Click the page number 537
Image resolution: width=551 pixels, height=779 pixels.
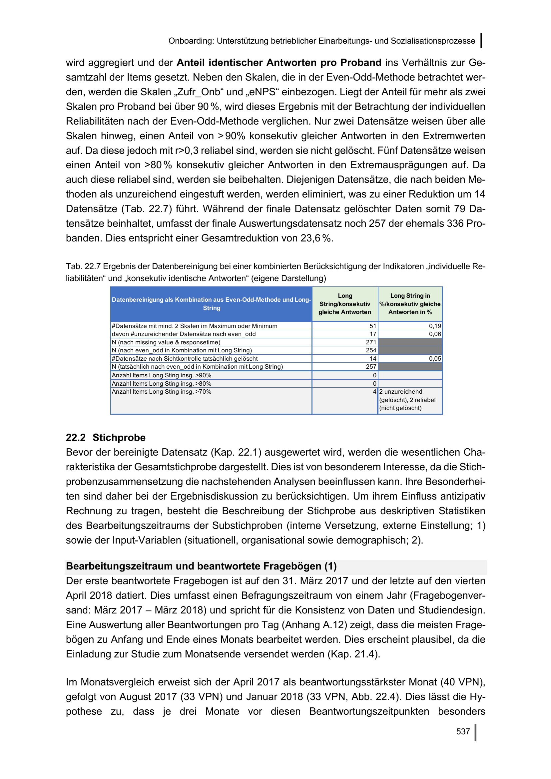coord(463,731)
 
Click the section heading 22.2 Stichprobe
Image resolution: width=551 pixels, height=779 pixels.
coord(106,438)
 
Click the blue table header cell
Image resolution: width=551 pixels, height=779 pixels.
coord(211,304)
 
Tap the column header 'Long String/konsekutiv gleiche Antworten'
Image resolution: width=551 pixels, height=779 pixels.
coord(345,304)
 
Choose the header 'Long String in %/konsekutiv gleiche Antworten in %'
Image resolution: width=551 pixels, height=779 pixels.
coord(410,304)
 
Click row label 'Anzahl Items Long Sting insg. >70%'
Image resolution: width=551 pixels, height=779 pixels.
coord(162,392)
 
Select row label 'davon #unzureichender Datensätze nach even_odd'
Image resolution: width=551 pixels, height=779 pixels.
coord(184,334)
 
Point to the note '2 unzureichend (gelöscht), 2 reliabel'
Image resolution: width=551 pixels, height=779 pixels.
coord(407,400)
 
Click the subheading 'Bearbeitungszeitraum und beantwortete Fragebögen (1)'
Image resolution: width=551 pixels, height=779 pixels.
coord(201,566)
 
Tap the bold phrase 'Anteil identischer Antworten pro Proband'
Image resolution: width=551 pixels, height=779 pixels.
coord(279,63)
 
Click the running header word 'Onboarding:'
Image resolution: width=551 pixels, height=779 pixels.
coord(191,41)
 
